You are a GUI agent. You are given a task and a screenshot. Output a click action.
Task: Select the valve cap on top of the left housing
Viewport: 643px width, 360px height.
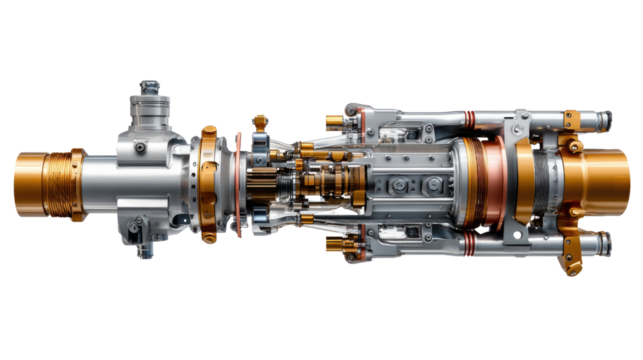[149, 87]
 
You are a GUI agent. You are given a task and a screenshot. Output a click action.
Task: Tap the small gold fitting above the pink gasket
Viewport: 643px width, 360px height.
[259, 122]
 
